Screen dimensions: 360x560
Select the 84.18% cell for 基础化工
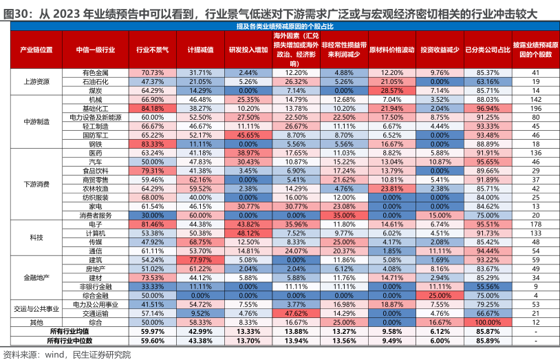click(151, 108)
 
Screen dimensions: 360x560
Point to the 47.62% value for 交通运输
click(295, 314)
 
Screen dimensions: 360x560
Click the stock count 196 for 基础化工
click(536, 108)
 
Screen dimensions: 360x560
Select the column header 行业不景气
click(151, 50)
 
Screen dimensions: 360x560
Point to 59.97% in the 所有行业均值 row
click(151, 332)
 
